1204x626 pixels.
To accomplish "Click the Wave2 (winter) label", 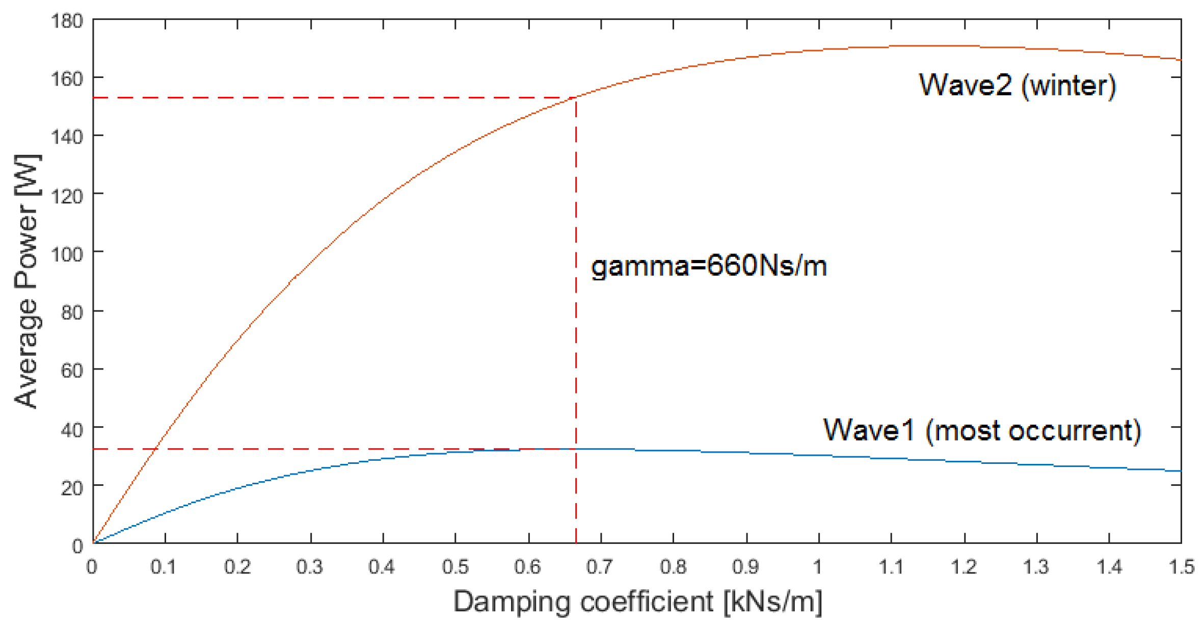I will (x=1017, y=85).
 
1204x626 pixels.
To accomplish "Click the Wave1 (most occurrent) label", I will (x=981, y=430).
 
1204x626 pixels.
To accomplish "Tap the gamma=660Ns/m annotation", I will (x=708, y=266).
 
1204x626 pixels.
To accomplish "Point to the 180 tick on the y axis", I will (x=67, y=21).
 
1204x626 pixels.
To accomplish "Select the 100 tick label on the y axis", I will (x=67, y=253).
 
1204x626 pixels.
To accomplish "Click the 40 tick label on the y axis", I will (x=71, y=429).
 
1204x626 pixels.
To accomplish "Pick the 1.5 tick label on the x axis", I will (x=1181, y=566).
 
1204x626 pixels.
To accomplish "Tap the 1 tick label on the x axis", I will (x=818, y=566).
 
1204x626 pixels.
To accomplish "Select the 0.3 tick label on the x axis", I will (x=309, y=566).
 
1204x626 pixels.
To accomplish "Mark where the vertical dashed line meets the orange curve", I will (x=576, y=97).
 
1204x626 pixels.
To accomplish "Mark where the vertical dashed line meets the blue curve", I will (x=576, y=449).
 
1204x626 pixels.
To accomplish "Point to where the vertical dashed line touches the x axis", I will (x=576, y=543).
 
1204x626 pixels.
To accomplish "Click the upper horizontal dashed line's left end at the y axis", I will (x=94, y=97).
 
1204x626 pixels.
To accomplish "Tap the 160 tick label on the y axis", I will (x=67, y=79).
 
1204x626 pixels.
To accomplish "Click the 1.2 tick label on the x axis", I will (x=963, y=566).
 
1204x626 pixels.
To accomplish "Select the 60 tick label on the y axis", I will (x=71, y=370).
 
